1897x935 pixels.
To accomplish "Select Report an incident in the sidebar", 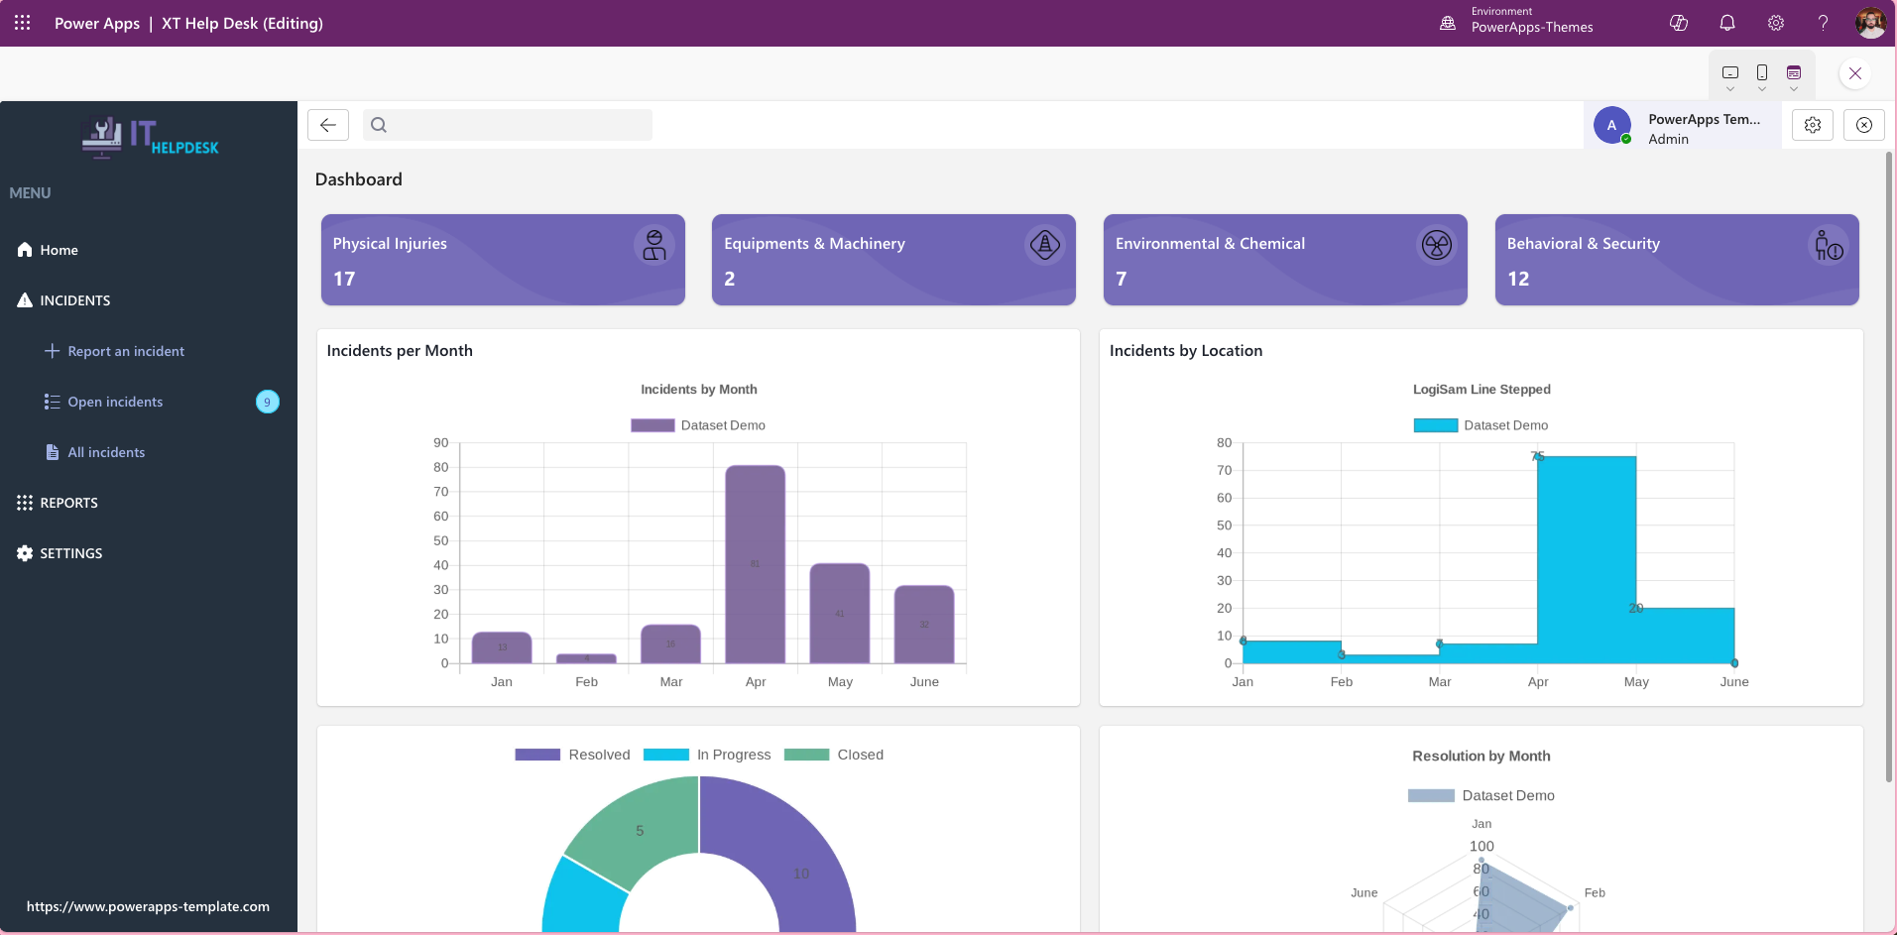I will pos(125,351).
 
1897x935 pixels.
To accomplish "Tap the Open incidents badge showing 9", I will pos(268,402).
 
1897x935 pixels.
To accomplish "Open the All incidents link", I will pos(105,452).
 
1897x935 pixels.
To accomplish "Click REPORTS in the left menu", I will pos(68,503).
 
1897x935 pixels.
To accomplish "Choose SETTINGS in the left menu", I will pos(70,553).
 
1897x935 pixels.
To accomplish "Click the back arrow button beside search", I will pos(328,125).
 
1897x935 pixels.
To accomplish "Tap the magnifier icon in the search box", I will pos(379,125).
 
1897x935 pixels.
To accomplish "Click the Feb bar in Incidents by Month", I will pos(586,658).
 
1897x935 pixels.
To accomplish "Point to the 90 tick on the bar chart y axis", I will pos(441,443).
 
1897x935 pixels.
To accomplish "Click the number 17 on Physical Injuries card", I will pos(344,279).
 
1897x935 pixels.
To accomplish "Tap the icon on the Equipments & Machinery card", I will pos(1044,245).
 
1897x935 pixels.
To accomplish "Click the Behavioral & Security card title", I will pos(1583,244).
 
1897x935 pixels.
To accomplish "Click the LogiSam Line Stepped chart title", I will pos(1481,390).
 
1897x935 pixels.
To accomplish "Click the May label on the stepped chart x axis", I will pos(1636,682).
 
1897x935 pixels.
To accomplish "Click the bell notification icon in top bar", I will pos(1727,23).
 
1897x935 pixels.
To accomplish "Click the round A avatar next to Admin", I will pos(1611,126).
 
